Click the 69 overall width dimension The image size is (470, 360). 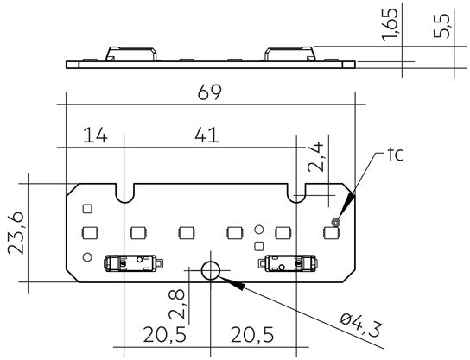click(209, 91)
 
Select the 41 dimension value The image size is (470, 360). click(205, 136)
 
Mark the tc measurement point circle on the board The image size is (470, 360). click(337, 222)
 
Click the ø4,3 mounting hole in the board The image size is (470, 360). click(210, 271)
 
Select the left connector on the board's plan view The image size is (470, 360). click(129, 262)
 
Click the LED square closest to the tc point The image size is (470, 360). click(329, 231)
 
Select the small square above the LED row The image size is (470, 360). click(86, 208)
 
